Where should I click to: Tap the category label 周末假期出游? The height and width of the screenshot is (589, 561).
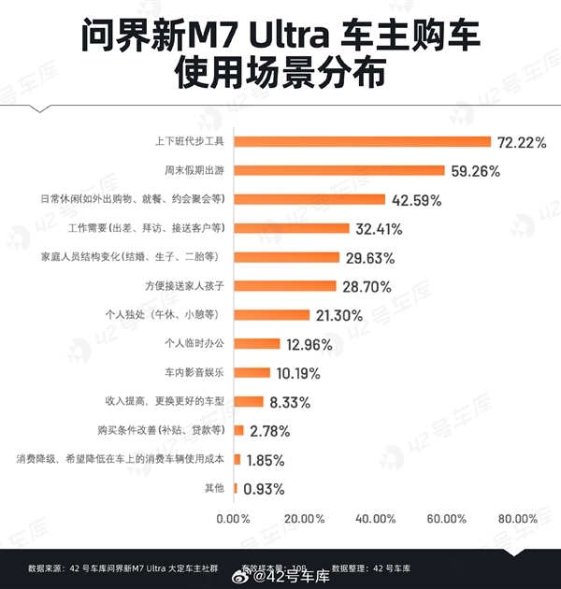(x=194, y=171)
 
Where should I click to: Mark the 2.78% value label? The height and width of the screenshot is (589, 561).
(x=269, y=431)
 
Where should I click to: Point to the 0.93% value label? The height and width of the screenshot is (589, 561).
(x=264, y=489)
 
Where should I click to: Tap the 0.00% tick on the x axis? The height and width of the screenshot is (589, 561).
(x=234, y=518)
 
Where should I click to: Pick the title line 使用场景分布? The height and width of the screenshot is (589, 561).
(x=280, y=73)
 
